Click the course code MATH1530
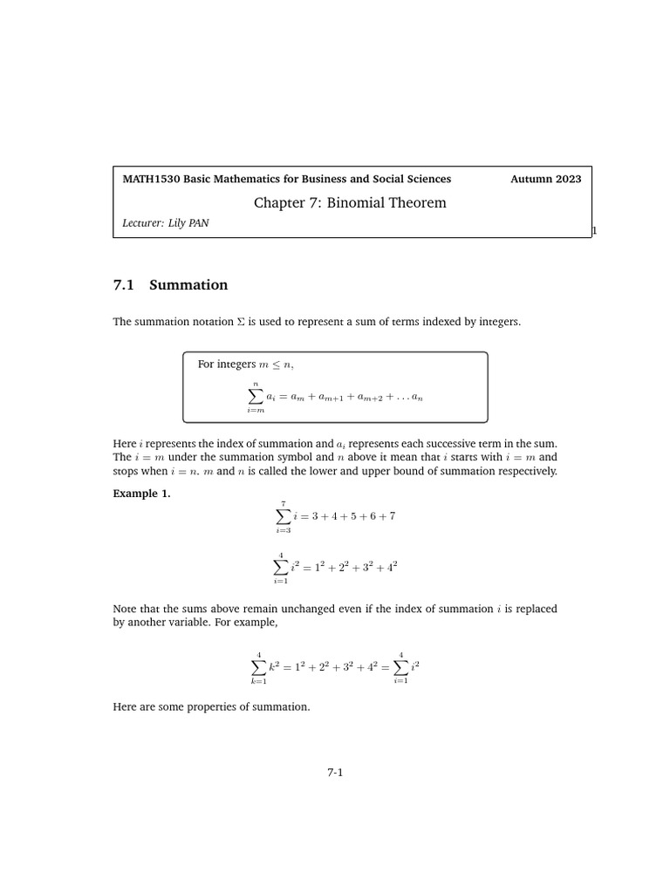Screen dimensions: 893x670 coord(151,179)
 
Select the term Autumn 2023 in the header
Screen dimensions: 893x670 coord(545,179)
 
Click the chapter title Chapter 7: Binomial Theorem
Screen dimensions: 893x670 coord(350,203)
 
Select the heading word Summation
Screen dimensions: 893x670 coord(188,285)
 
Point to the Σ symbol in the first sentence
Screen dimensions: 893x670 coord(241,322)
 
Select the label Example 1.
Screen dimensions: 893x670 coord(142,494)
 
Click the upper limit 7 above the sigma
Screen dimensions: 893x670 coord(282,503)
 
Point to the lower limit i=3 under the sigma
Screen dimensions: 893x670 coord(282,530)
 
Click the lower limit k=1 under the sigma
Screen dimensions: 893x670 coord(257,681)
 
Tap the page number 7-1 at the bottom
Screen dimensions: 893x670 coord(336,772)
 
